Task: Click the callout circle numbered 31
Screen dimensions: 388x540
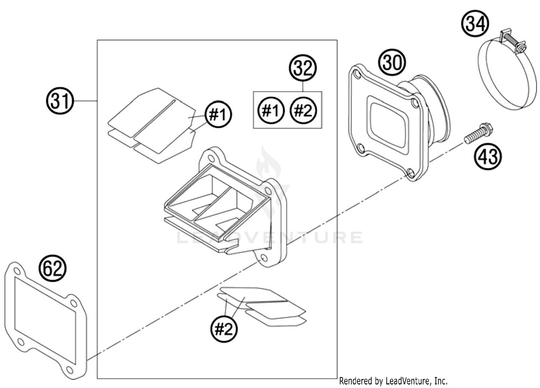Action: pyautogui.click(x=60, y=101)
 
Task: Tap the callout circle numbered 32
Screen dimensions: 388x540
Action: pyautogui.click(x=303, y=67)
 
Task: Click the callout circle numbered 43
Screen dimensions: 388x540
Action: pyautogui.click(x=488, y=156)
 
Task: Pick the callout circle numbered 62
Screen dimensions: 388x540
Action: pyautogui.click(x=53, y=269)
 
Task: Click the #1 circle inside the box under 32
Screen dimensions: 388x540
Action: pyautogui.click(x=271, y=110)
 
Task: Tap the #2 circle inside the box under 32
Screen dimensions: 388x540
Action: pyautogui.click(x=303, y=110)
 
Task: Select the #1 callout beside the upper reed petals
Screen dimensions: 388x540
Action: pyautogui.click(x=218, y=115)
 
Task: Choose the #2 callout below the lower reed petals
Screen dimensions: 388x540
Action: pyautogui.click(x=224, y=329)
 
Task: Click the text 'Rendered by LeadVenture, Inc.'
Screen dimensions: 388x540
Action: pyautogui.click(x=393, y=381)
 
